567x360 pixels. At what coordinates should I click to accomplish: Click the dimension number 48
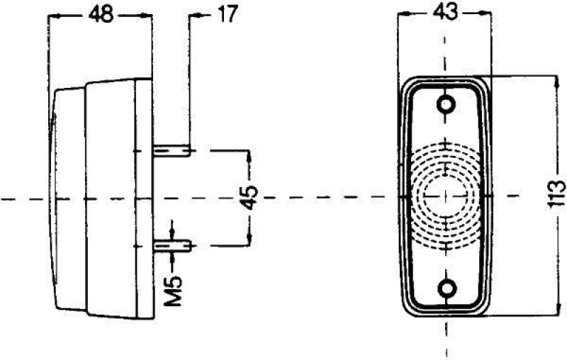(101, 15)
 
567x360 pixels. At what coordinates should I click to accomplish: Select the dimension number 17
(228, 13)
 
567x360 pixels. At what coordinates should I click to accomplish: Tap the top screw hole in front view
(447, 105)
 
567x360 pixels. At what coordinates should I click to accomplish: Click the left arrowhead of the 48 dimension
(54, 15)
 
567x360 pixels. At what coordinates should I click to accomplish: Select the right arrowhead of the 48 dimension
(148, 15)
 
